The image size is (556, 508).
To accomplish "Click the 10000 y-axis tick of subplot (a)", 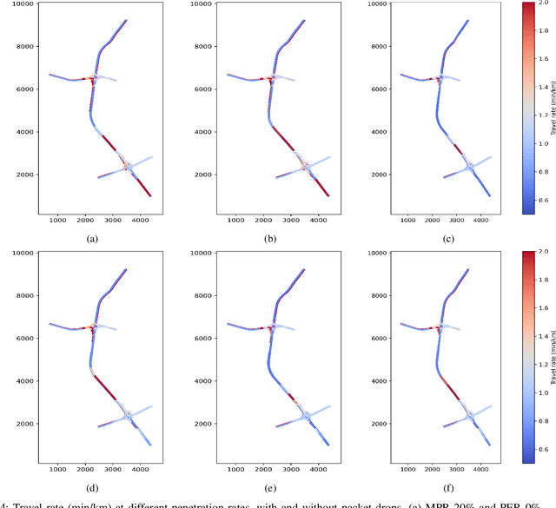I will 19,3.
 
